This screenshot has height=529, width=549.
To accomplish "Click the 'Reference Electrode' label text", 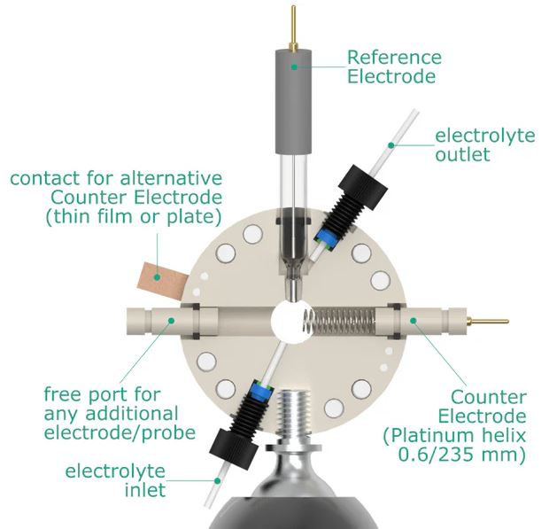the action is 393,67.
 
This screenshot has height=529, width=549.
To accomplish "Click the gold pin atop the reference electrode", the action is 293,26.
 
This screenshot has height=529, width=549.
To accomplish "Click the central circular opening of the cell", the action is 291,319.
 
